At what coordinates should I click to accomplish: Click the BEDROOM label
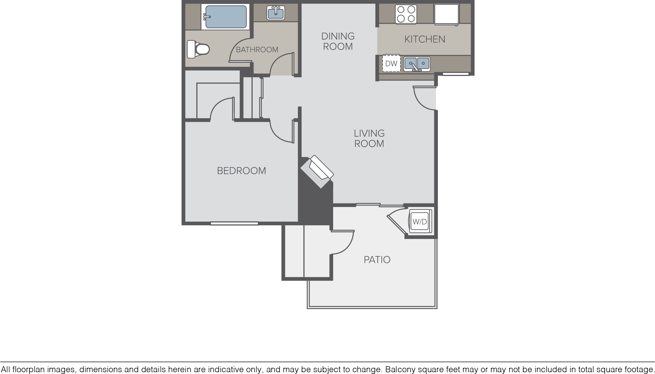(x=241, y=171)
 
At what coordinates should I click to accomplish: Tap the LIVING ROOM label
(x=369, y=138)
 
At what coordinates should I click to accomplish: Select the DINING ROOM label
(x=338, y=41)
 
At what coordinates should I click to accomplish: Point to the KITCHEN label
(x=425, y=39)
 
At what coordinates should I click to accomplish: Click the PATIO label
(x=377, y=260)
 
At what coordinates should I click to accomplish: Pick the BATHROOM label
(x=257, y=49)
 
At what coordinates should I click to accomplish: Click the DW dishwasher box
(x=391, y=63)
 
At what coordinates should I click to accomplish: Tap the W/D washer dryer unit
(x=420, y=221)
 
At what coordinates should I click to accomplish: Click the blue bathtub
(x=226, y=17)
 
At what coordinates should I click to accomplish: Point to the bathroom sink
(x=276, y=13)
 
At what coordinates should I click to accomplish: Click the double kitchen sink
(x=417, y=64)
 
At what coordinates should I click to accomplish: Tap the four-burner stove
(x=406, y=14)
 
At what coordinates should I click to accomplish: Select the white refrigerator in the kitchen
(x=446, y=15)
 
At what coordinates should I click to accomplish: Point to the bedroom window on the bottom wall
(x=234, y=223)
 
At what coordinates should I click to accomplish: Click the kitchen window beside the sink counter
(x=455, y=74)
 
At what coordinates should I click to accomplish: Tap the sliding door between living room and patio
(x=380, y=205)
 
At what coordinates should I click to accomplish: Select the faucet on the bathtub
(x=207, y=17)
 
